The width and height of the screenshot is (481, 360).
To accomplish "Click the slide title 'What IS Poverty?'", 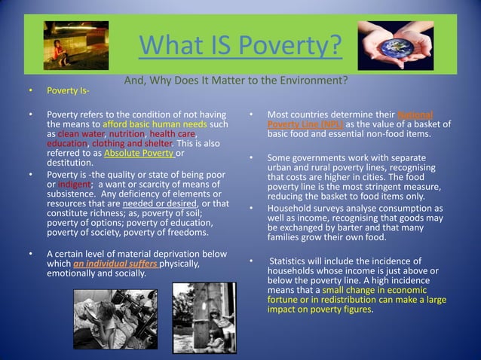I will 240,46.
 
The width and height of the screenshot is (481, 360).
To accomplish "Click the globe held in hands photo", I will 394,44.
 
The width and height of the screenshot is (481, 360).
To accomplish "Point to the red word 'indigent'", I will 74,184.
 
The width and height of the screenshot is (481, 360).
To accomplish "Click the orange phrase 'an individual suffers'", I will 115,264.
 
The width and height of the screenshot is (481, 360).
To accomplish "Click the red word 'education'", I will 66,143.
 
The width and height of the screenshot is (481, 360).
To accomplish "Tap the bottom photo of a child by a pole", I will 204,317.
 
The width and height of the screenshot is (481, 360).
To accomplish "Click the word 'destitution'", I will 70,163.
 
